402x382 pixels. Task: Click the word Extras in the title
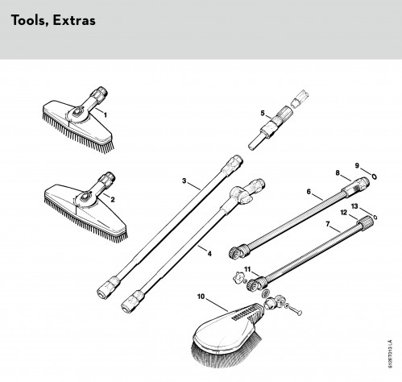[74, 20]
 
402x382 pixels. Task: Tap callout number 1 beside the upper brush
[106, 115]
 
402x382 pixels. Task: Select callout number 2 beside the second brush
[113, 200]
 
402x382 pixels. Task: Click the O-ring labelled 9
[374, 176]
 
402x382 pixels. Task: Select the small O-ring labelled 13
[375, 217]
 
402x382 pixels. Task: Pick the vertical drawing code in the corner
[390, 354]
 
